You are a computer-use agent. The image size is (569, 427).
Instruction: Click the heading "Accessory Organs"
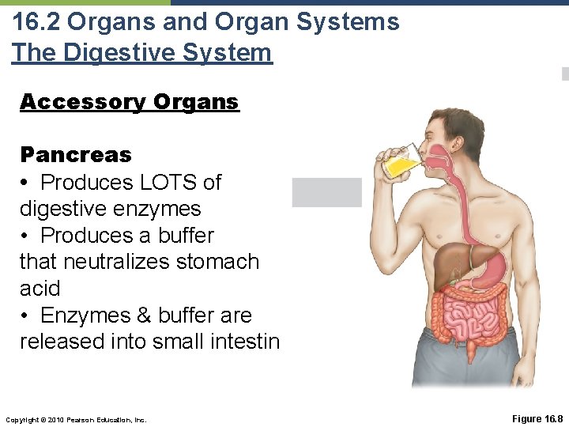[x=129, y=102]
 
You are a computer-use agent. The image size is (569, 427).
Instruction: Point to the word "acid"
[x=40, y=288]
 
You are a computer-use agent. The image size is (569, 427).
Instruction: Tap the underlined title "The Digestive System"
[x=141, y=52]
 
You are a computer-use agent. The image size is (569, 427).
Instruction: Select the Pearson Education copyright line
[x=76, y=419]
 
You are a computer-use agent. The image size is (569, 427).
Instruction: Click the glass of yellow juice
[x=399, y=162]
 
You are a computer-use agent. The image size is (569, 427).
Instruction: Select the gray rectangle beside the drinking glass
[x=326, y=192]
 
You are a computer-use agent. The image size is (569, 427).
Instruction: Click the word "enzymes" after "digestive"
[x=162, y=209]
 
